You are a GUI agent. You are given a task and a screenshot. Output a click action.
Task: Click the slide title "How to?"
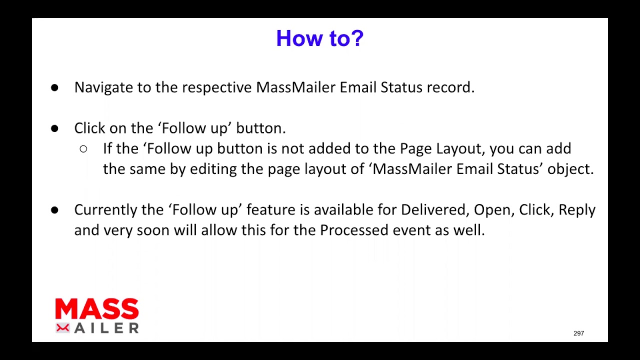coord(319,38)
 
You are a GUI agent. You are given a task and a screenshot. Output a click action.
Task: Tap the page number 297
coord(578,333)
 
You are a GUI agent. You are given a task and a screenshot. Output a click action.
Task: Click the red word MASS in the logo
coord(97,308)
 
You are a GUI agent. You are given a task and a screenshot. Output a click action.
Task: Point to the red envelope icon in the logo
coord(62,328)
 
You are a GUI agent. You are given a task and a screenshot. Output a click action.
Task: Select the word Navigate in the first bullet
coord(103,87)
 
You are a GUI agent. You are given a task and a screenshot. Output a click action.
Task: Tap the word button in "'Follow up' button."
coord(261,128)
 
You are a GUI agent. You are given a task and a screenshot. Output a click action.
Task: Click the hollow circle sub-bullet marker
coord(83,149)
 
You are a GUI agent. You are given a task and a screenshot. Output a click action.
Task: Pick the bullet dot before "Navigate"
coord(54,87)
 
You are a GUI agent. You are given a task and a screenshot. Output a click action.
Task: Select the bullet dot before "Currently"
coord(54,210)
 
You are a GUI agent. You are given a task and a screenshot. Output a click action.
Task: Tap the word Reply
coord(577,210)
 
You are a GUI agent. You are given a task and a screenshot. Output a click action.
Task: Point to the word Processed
coord(354,230)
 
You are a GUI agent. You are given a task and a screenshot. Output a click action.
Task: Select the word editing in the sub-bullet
coord(213,169)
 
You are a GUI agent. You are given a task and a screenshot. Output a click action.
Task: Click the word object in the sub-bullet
coord(570,169)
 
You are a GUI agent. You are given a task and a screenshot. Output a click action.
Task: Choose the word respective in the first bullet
coord(217,87)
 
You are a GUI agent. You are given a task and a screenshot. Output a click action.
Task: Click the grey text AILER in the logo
coord(106,328)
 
